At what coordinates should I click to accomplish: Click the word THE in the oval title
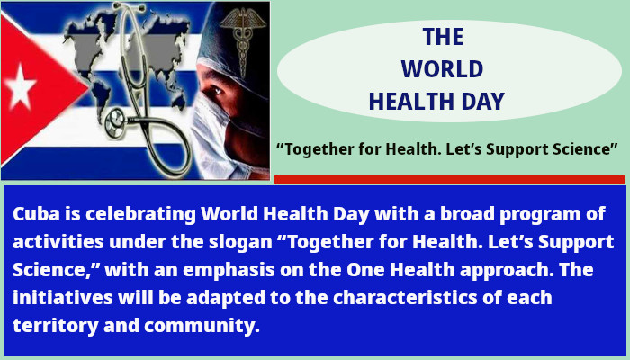point(443,37)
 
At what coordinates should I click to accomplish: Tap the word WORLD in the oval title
point(442,69)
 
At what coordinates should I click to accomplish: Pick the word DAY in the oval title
point(481,101)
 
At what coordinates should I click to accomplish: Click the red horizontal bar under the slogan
point(449,179)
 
